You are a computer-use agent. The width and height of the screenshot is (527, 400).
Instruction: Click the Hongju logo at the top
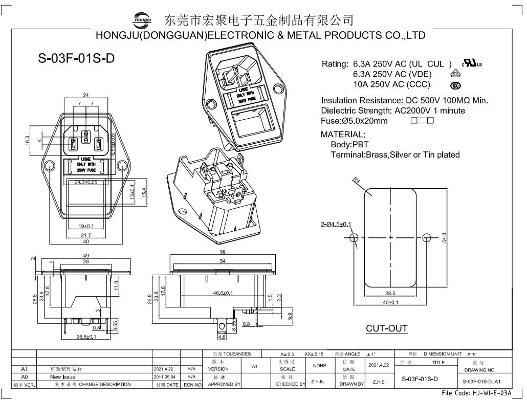tap(143, 19)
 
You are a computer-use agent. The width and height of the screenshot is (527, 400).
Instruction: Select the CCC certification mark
tap(454, 85)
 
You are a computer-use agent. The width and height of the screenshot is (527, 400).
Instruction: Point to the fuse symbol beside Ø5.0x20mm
tap(422, 121)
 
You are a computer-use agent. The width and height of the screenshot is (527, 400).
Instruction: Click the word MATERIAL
tap(343, 134)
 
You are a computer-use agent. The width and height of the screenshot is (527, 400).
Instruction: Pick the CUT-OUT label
tap(387, 328)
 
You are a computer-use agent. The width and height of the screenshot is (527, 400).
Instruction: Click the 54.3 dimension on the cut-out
tap(445, 238)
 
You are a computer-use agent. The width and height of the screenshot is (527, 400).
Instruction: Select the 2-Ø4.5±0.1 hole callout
tap(336, 225)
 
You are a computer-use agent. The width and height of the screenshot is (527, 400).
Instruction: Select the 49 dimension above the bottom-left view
tap(86, 255)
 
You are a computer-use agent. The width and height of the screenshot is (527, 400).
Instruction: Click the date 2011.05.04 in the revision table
tap(164, 376)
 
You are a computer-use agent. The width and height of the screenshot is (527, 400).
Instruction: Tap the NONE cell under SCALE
tap(319, 366)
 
